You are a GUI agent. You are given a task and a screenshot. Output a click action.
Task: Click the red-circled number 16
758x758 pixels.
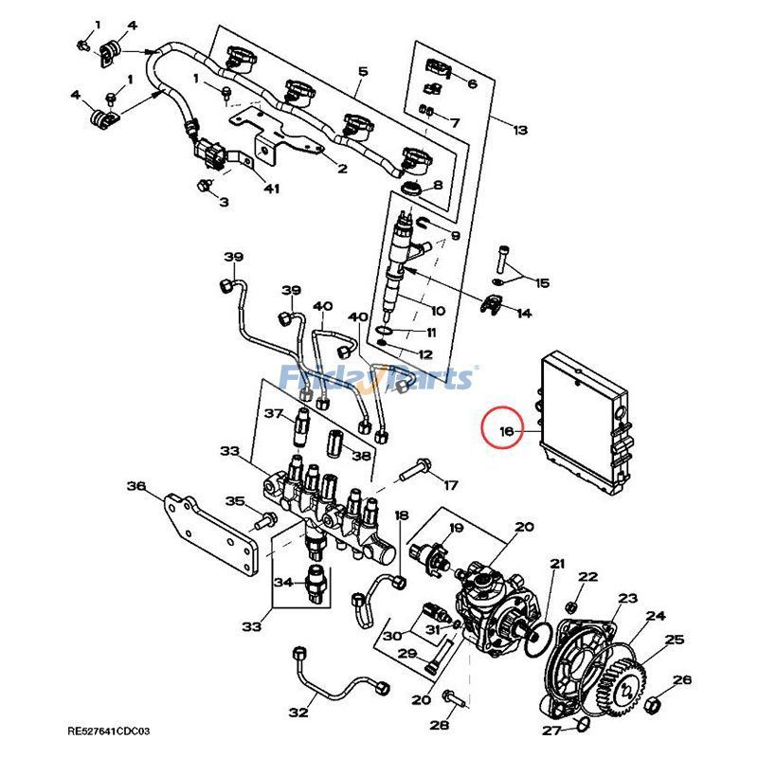[x=506, y=432]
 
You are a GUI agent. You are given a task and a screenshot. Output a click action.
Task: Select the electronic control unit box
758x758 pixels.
[x=583, y=423]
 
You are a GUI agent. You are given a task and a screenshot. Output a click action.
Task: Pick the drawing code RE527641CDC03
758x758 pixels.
[x=108, y=731]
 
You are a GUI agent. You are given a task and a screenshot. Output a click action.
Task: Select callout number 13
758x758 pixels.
[x=519, y=130]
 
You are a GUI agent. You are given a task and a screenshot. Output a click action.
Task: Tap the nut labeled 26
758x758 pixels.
[x=655, y=706]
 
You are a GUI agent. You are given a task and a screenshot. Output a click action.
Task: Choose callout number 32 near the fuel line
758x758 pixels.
[x=298, y=712]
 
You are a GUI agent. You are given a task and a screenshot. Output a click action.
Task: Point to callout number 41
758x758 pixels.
[x=272, y=189]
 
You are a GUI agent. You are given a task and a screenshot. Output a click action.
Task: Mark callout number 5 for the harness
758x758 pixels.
[x=362, y=72]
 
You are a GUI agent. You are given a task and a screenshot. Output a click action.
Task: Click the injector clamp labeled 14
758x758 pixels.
[x=496, y=307]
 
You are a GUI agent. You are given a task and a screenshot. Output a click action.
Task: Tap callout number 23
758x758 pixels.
[x=628, y=598]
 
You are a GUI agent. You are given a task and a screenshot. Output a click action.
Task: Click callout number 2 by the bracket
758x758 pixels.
[x=342, y=169]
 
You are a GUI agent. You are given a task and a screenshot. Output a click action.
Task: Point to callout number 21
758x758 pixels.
[x=556, y=565]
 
